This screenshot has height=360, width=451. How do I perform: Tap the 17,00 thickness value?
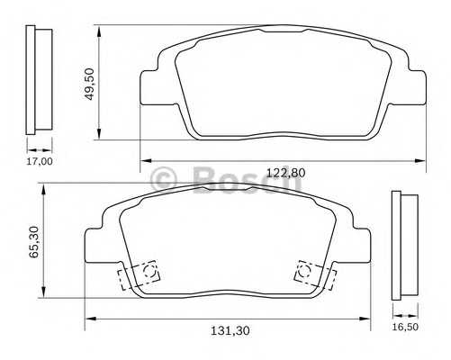40,162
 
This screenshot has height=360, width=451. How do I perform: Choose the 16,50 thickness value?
407,328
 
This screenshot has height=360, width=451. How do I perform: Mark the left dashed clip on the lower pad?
136,275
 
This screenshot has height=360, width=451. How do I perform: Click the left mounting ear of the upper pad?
150,85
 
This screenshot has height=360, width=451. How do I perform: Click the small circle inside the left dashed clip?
149,267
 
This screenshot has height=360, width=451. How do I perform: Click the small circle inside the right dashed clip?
302,267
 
